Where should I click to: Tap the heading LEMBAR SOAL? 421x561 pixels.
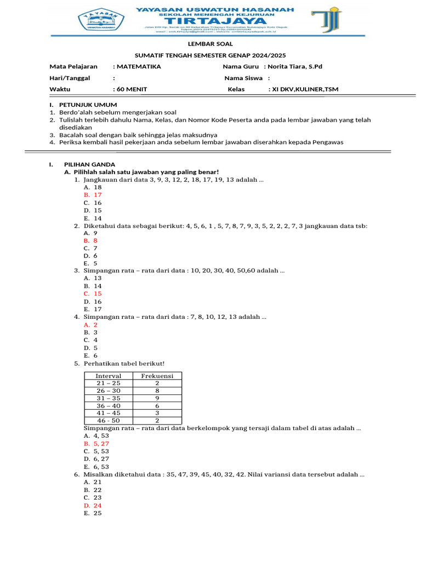tap(210, 44)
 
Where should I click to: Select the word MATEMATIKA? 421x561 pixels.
tap(138, 66)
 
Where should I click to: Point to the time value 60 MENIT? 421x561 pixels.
tap(132, 89)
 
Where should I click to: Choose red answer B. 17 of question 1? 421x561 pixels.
tap(93, 194)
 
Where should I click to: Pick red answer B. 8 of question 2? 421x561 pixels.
tap(90, 240)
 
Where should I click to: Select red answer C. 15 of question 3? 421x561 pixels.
tap(93, 294)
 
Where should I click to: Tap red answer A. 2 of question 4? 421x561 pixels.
tap(90, 324)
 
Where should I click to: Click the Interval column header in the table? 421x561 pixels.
tap(109, 376)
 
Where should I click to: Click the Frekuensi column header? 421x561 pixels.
tap(157, 376)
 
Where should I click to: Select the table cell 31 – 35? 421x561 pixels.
tap(109, 398)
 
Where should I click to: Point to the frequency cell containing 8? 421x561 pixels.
tap(157, 391)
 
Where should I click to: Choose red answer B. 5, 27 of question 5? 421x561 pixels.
tap(96, 444)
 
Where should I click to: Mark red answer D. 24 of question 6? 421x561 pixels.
tap(93, 506)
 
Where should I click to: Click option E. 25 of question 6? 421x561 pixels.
tap(93, 513)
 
